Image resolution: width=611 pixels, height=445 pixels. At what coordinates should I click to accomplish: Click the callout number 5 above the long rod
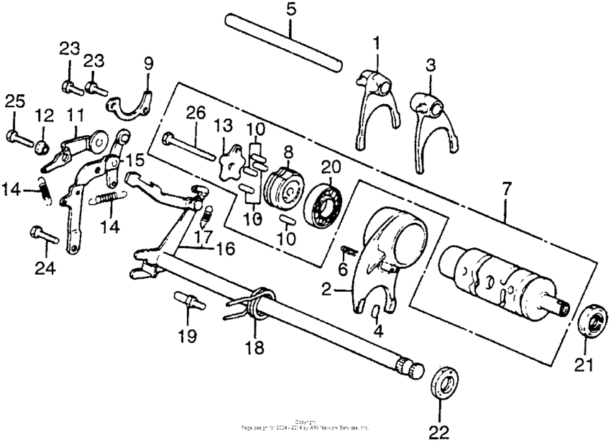coord(290,10)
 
